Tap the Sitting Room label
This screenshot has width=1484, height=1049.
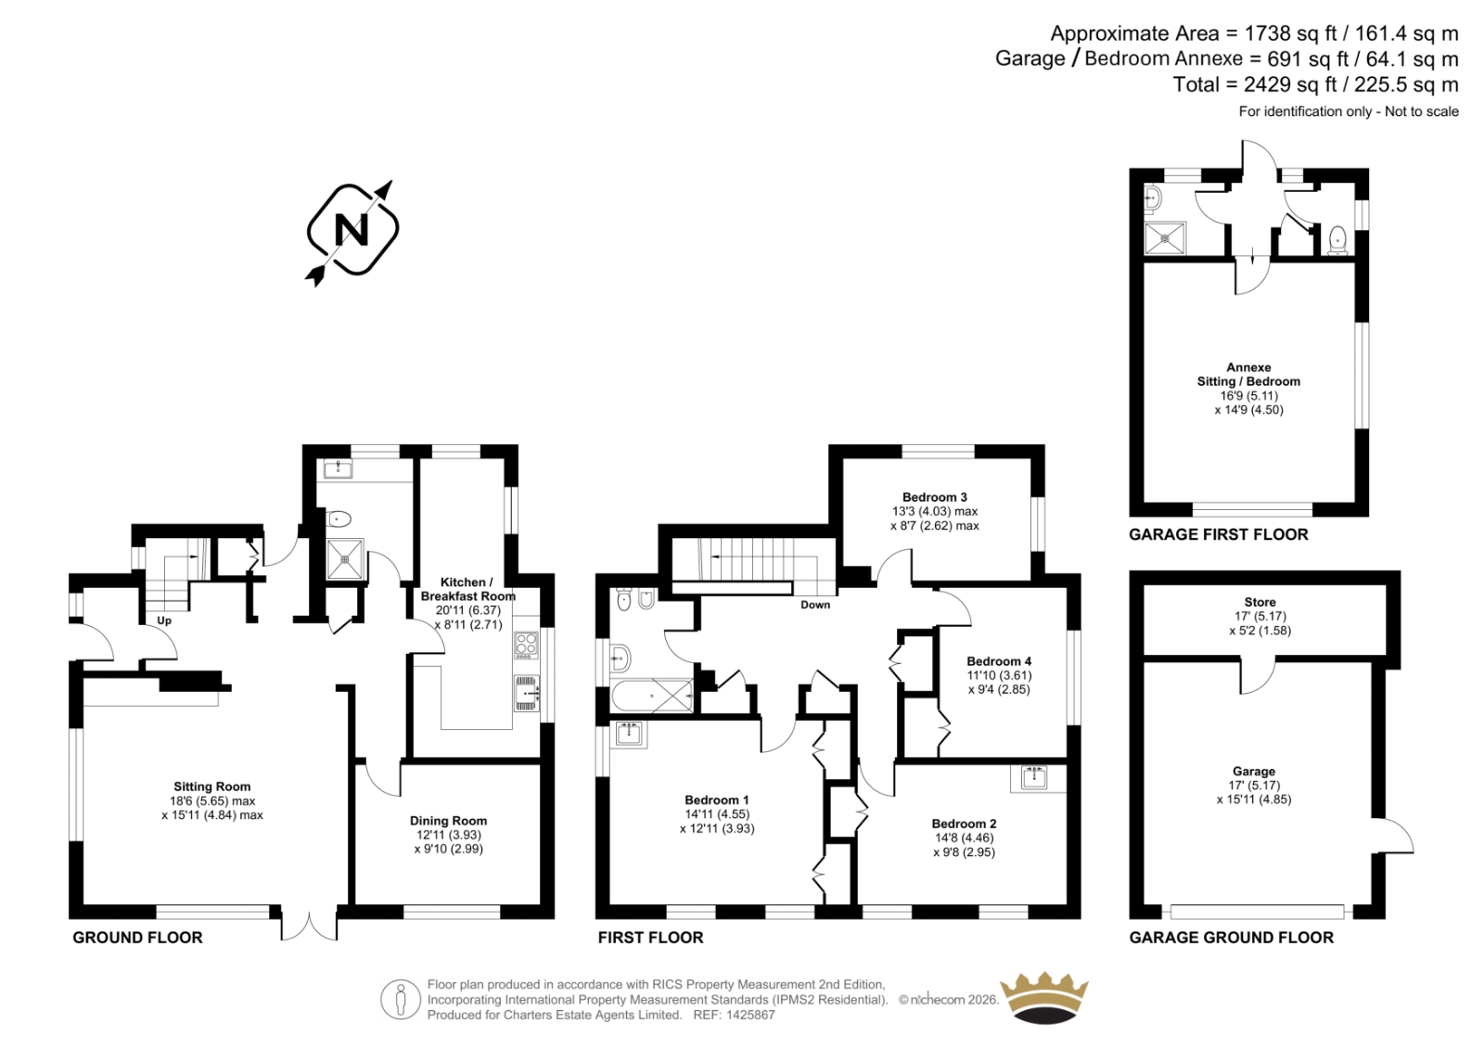click(x=212, y=787)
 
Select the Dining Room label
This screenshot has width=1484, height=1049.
click(x=449, y=821)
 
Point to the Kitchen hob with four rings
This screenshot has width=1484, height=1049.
click(x=527, y=645)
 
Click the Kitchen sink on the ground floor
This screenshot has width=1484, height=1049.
click(x=527, y=693)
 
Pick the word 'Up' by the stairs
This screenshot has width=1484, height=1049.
click(x=163, y=620)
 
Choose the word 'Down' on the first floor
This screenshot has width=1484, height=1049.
click(x=815, y=605)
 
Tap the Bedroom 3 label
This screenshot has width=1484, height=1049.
click(x=935, y=497)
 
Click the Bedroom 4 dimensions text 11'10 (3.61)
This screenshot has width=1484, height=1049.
click(x=999, y=675)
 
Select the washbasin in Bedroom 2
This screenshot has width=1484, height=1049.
click(x=1033, y=777)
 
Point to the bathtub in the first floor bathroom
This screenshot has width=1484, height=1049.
click(x=652, y=696)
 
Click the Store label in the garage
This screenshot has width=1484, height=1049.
click(x=1260, y=602)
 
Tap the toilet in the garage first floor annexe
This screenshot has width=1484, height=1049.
click(x=1337, y=240)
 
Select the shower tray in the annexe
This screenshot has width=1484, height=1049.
click(x=1165, y=238)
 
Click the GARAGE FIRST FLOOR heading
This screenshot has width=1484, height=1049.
click(x=1219, y=535)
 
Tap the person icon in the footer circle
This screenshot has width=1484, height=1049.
click(x=400, y=1000)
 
